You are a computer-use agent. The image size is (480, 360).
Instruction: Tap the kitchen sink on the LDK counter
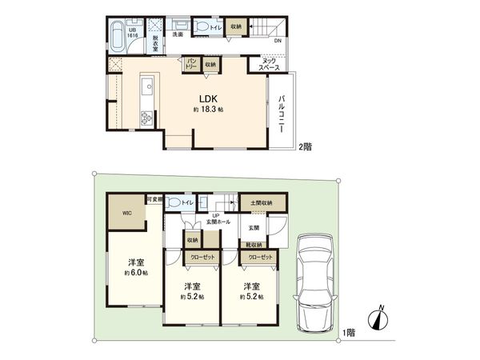pos(146,86)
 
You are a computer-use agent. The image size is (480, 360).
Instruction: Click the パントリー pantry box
pos(192,64)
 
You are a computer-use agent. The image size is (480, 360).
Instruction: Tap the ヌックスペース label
pos(269,65)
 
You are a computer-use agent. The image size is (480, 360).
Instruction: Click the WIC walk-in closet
pos(126,214)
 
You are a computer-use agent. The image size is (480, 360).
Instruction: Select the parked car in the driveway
pos(315,284)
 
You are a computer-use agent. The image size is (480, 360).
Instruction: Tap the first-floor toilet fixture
pos(175,204)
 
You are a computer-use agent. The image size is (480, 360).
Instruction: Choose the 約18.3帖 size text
pos(207,110)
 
